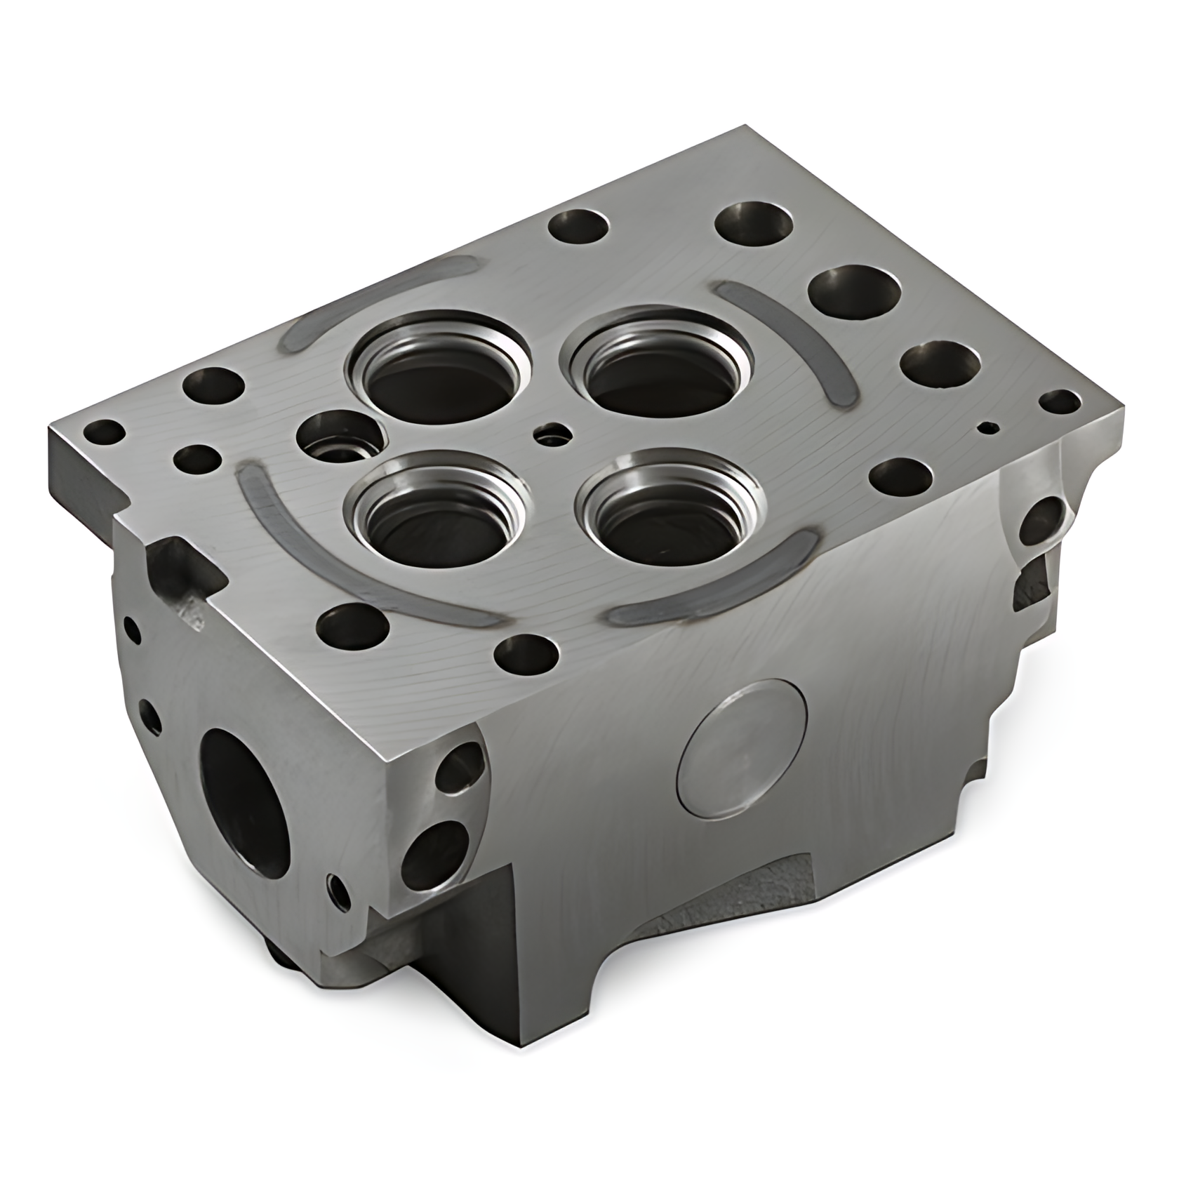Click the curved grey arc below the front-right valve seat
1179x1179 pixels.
(709, 587)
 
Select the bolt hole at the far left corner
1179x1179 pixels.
(103, 432)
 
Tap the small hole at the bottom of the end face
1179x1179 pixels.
(339, 891)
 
